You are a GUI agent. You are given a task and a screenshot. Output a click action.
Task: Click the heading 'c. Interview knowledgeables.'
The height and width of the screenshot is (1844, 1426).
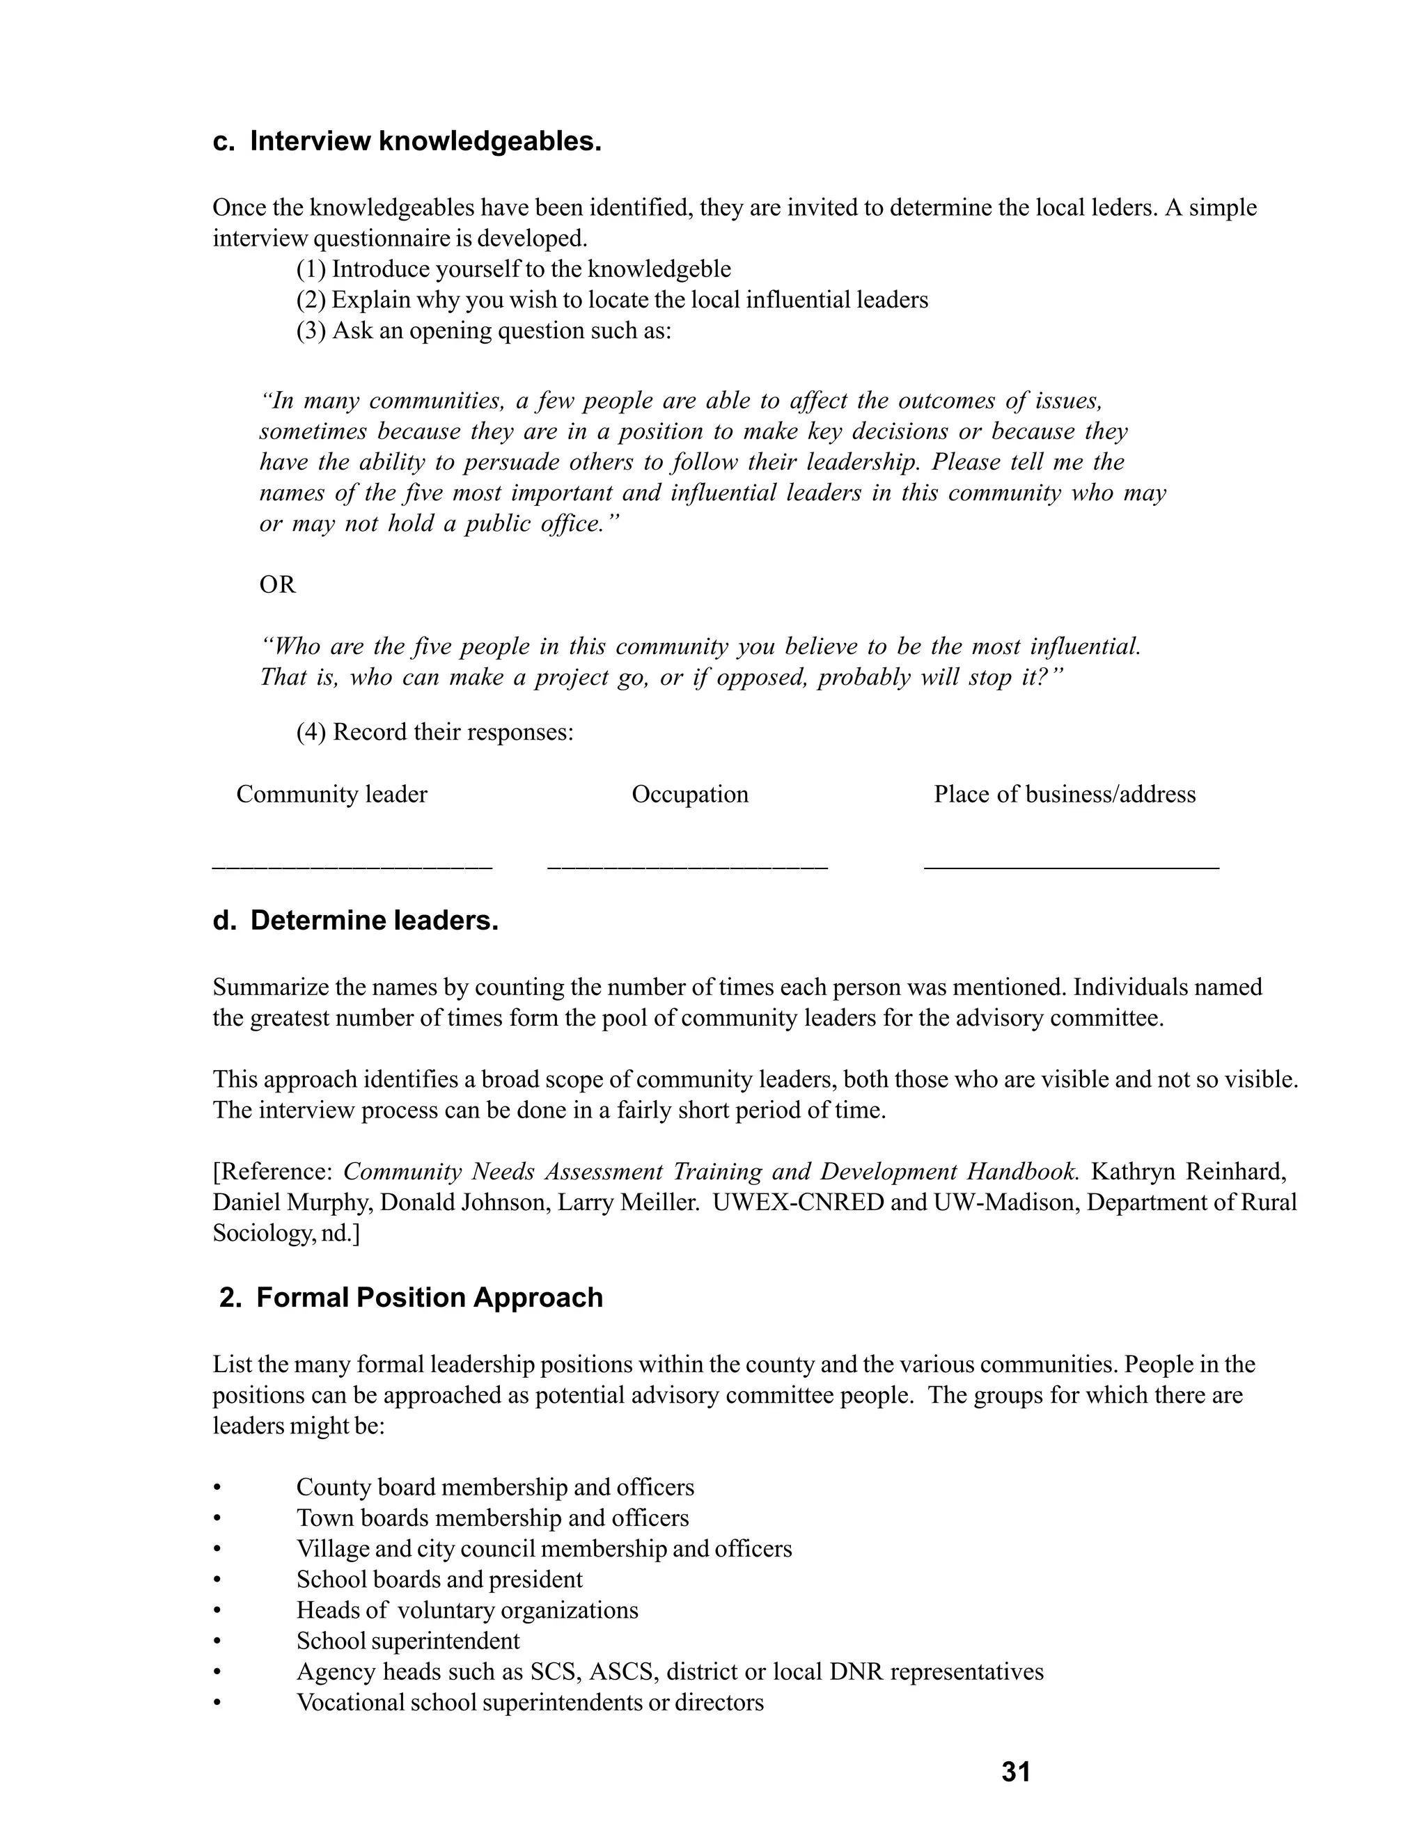click(407, 141)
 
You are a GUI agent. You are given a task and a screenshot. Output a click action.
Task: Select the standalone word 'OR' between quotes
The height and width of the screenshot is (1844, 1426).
click(277, 585)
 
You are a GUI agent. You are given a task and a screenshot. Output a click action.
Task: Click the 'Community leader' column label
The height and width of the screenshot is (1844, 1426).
click(331, 795)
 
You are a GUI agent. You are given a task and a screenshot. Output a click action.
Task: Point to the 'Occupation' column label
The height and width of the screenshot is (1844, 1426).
click(689, 795)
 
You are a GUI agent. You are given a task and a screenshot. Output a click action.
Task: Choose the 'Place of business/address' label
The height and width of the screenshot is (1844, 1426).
click(1064, 795)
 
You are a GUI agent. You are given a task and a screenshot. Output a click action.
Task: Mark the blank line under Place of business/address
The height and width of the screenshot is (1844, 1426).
click(1070, 866)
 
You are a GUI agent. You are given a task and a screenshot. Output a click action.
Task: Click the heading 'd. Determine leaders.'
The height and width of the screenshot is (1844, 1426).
click(356, 921)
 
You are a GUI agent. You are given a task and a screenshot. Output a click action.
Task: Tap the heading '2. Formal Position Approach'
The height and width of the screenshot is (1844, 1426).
click(411, 1298)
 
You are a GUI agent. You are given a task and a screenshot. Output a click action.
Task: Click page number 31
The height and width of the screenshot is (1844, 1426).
click(1015, 1772)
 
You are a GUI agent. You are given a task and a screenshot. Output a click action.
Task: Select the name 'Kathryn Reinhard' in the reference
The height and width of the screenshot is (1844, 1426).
click(1188, 1172)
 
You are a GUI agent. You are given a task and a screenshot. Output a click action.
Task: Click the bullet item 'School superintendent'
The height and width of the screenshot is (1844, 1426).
click(407, 1642)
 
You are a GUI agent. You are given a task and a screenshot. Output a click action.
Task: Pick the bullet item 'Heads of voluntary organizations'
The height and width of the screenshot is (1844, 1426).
click(467, 1610)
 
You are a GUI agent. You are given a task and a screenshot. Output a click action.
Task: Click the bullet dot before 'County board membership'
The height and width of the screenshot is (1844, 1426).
click(217, 1488)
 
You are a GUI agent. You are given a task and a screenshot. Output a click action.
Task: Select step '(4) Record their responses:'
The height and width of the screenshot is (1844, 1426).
click(434, 732)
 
